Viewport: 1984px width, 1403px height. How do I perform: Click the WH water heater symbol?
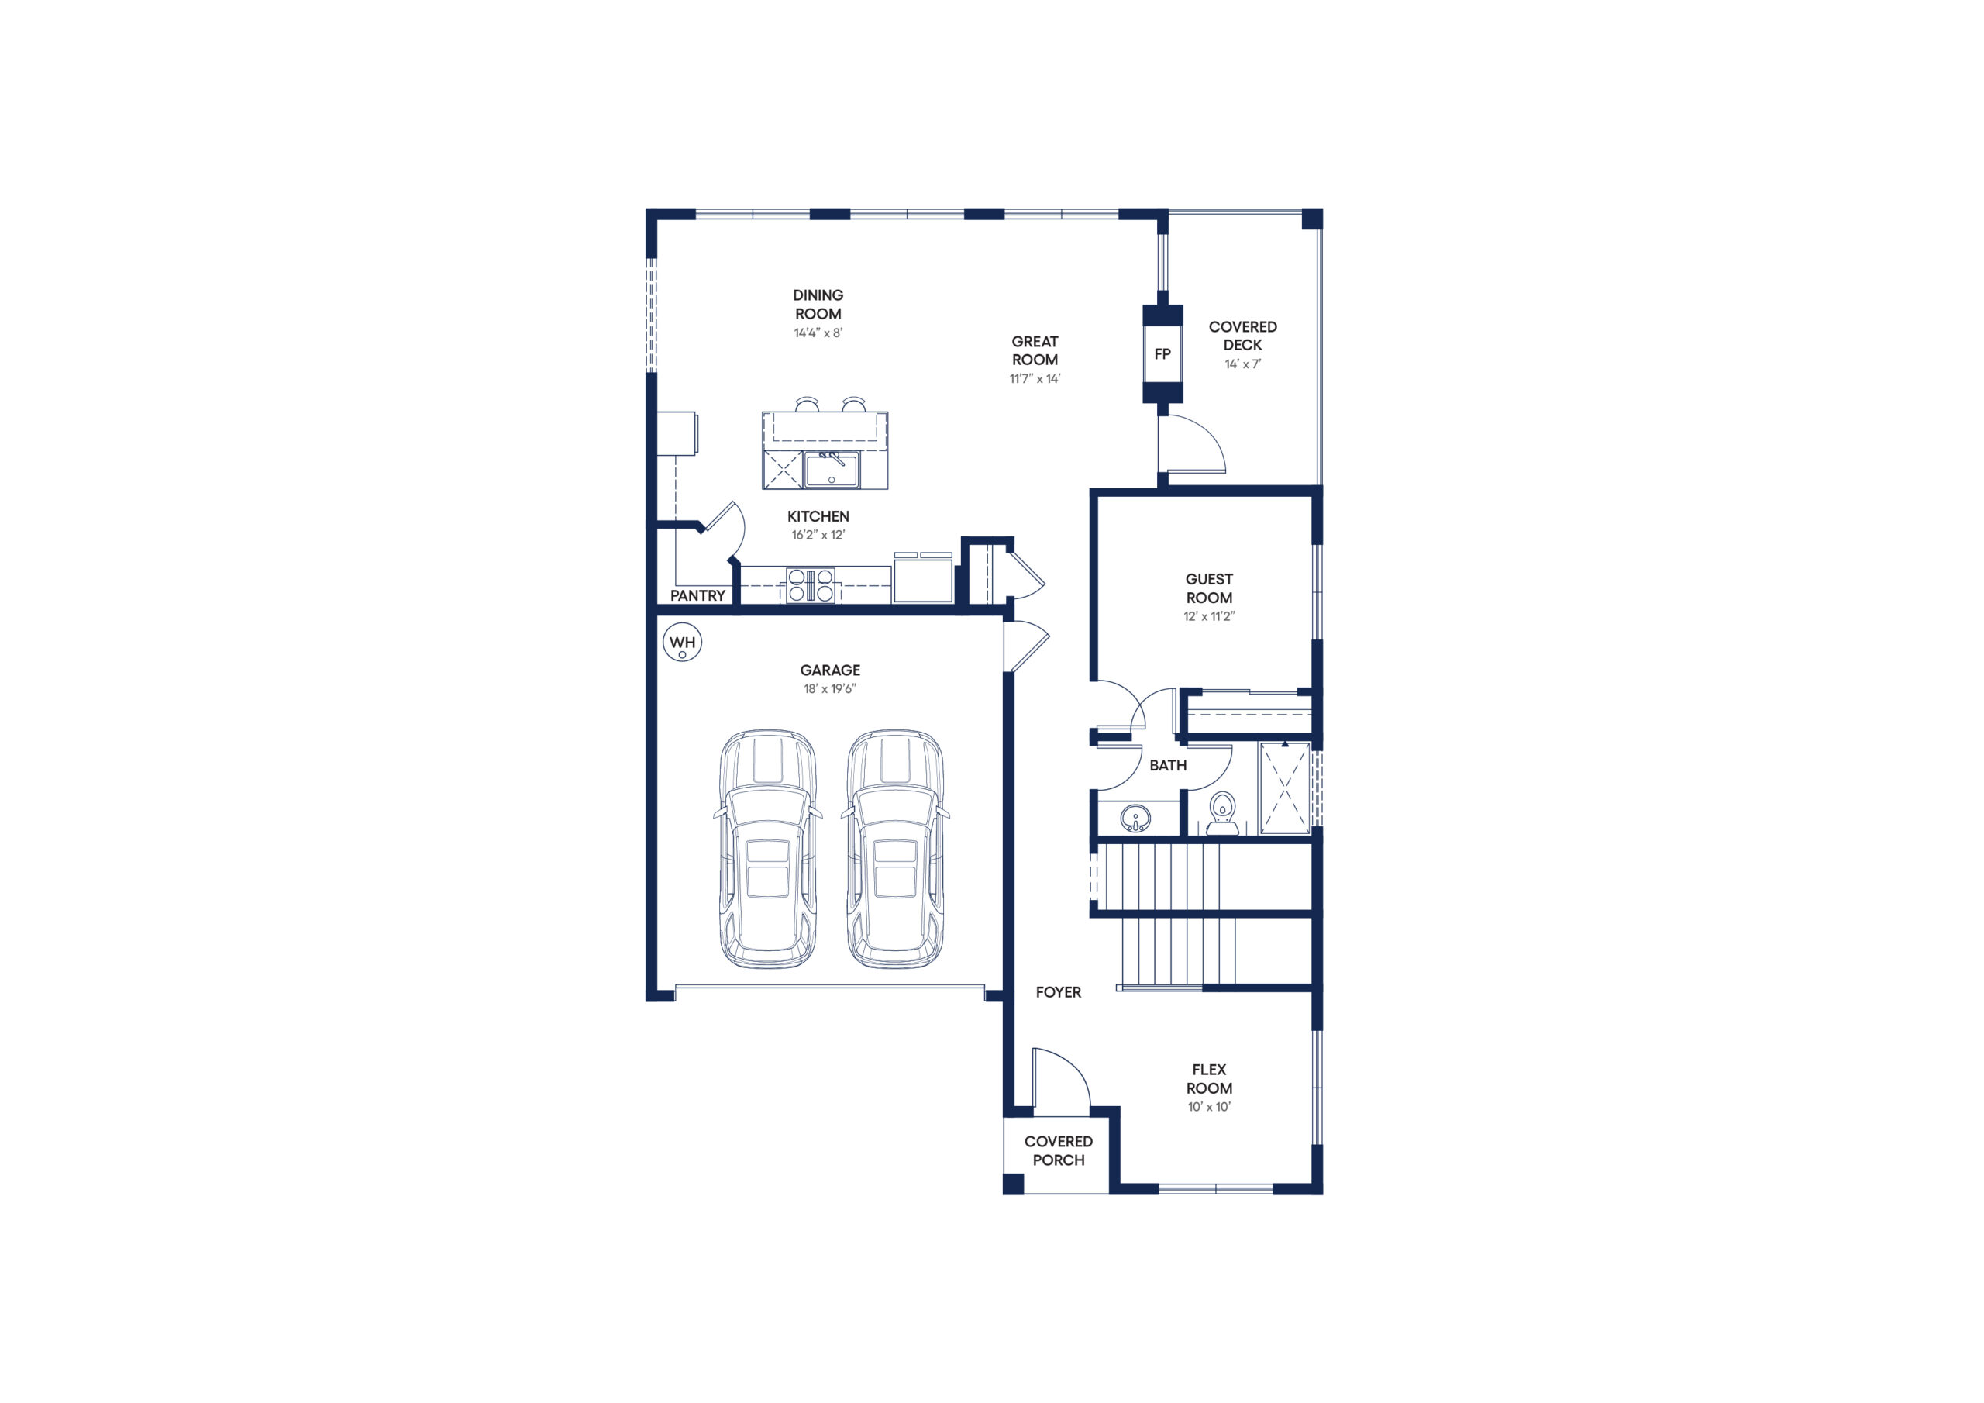(x=682, y=643)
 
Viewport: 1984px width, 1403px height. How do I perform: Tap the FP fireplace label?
(x=1162, y=353)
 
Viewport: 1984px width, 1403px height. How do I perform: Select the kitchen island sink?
(x=832, y=470)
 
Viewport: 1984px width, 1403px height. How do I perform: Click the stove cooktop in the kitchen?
(x=811, y=584)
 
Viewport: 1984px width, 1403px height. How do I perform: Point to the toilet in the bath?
(x=1222, y=813)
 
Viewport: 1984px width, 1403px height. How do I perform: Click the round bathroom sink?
(x=1135, y=817)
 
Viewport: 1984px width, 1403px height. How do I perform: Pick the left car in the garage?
(x=767, y=848)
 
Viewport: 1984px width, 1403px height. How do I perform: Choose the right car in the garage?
(x=895, y=848)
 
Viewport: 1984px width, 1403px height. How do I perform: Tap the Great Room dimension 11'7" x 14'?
(x=1035, y=378)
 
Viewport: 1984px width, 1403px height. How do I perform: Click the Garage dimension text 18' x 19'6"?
(x=829, y=689)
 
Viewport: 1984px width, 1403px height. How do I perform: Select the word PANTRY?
(x=697, y=595)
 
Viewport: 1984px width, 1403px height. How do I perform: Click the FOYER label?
(x=1059, y=992)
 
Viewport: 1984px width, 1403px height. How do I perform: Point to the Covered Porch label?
(x=1059, y=1150)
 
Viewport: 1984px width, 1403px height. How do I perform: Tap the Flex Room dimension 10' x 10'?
(x=1209, y=1106)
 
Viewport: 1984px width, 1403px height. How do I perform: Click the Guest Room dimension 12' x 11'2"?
(x=1209, y=616)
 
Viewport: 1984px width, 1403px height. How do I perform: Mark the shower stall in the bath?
(x=1285, y=788)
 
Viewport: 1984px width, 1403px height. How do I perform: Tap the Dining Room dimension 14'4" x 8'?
(x=818, y=333)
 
